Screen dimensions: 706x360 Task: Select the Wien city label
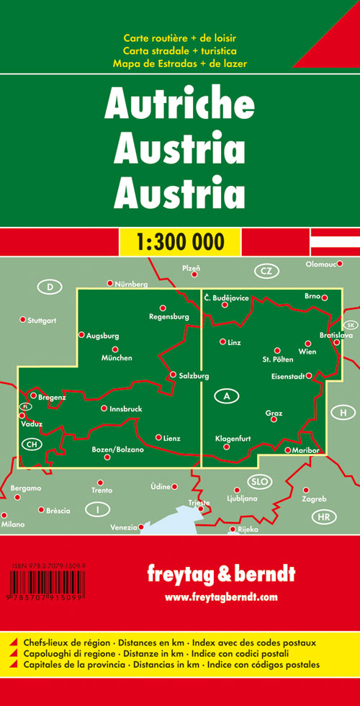tap(307, 352)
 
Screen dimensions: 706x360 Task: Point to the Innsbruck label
tap(125, 409)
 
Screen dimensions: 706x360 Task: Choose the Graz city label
tap(274, 413)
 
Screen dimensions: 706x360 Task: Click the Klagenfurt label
tap(232, 438)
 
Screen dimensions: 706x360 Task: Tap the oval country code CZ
tap(266, 271)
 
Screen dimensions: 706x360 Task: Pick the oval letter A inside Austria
tap(227, 396)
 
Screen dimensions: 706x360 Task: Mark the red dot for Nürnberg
tap(109, 283)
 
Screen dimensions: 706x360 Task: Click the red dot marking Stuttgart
tap(22, 319)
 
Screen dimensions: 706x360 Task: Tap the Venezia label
tap(123, 528)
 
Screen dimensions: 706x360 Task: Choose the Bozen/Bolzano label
tap(118, 450)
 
